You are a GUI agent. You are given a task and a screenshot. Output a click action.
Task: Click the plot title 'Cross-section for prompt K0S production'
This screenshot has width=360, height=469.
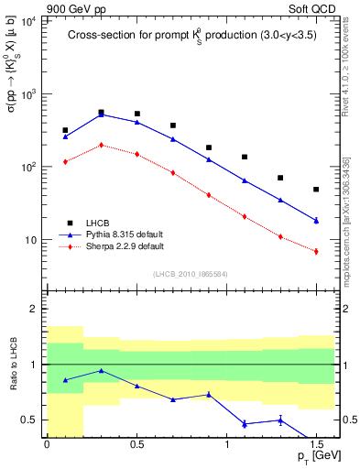(191, 36)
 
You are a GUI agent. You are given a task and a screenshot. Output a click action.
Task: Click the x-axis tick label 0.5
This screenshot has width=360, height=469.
(136, 443)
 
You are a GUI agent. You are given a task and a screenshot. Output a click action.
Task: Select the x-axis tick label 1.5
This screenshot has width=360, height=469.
(315, 443)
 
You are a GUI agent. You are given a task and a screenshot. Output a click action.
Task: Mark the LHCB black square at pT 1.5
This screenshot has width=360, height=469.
(316, 190)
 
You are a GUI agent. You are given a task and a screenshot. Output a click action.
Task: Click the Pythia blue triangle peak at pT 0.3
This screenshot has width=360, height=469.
(101, 115)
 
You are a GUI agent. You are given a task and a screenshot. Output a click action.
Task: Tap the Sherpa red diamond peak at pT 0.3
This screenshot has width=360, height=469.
(101, 145)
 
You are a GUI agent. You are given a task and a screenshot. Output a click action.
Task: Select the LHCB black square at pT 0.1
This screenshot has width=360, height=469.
(65, 130)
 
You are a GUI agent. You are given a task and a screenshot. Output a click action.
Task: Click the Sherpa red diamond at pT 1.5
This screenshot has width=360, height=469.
(316, 251)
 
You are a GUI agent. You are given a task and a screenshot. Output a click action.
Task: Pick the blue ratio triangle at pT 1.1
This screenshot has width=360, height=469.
(245, 423)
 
